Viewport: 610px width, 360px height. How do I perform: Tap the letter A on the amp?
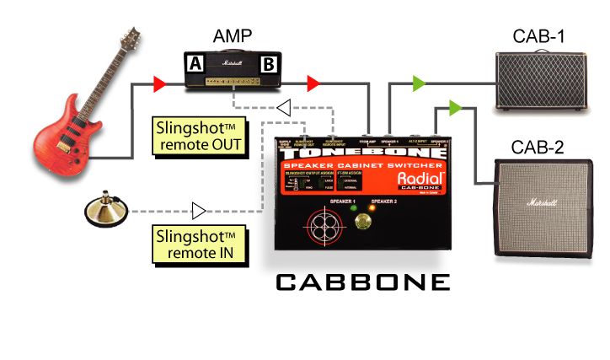coord(195,62)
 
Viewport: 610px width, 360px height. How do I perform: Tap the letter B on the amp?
coord(269,62)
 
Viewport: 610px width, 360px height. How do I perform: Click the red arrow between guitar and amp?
coord(159,83)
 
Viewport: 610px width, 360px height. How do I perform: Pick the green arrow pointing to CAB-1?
coord(419,83)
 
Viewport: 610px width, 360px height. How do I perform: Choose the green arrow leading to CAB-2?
coord(456,108)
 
